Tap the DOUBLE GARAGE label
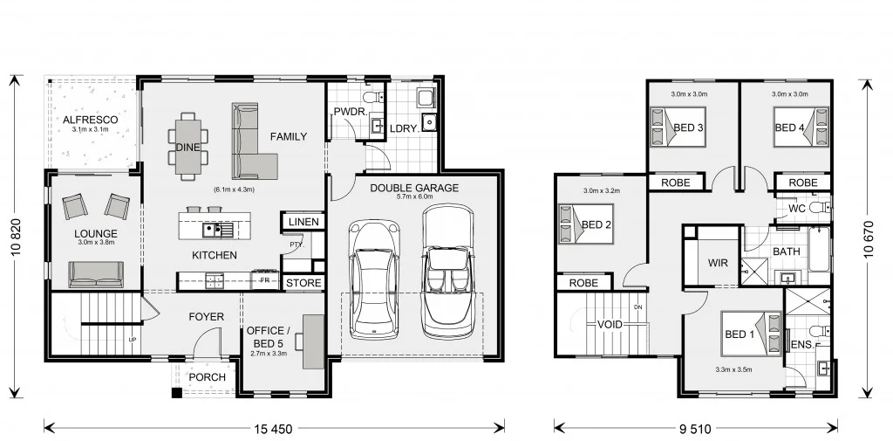coord(414,188)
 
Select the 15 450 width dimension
coord(274,428)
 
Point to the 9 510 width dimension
coord(695,428)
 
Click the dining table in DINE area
coord(188,146)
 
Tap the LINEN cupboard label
coord(303,223)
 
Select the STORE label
coord(303,283)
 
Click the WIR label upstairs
coord(719,262)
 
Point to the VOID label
coord(610,325)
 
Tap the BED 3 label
coord(688,128)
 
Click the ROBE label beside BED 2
coord(583,283)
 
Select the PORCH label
coord(207,377)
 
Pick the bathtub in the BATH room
coord(820,251)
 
